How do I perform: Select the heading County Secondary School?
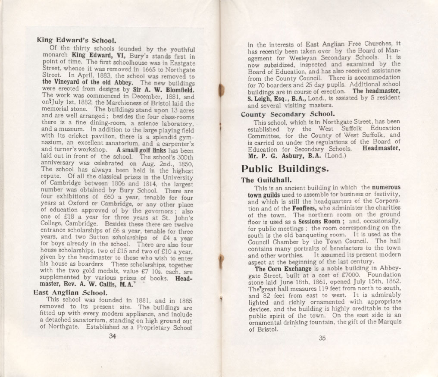coord(288,114)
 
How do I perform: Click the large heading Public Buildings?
coord(285,168)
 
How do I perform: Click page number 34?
coord(113,337)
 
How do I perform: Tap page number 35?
coord(322,338)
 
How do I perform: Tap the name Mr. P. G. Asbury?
coord(274,156)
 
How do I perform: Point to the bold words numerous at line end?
coord(386,188)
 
